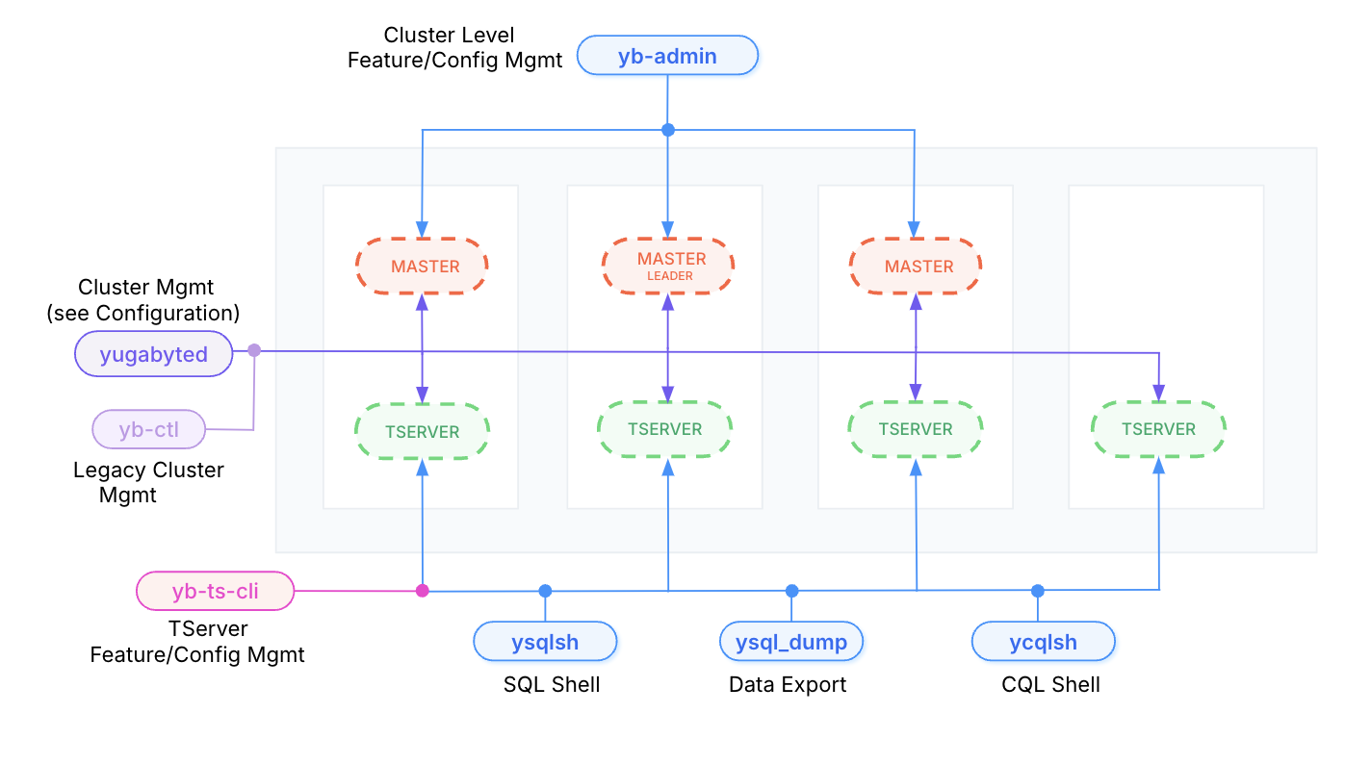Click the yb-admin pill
[667, 56]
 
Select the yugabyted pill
[154, 354]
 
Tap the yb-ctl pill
[149, 429]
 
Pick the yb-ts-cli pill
[215, 591]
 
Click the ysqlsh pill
[545, 642]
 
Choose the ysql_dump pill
[791, 642]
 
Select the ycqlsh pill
[1043, 642]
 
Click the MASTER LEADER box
[668, 266]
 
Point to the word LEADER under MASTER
[671, 276]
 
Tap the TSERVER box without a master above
[1158, 429]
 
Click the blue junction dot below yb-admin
[668, 130]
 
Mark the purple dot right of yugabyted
[254, 350]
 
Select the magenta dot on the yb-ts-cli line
[422, 591]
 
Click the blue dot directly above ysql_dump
[791, 591]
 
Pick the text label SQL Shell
[552, 684]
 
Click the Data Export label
[788, 684]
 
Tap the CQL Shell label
[1050, 684]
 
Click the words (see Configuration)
[143, 313]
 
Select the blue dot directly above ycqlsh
[1037, 591]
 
